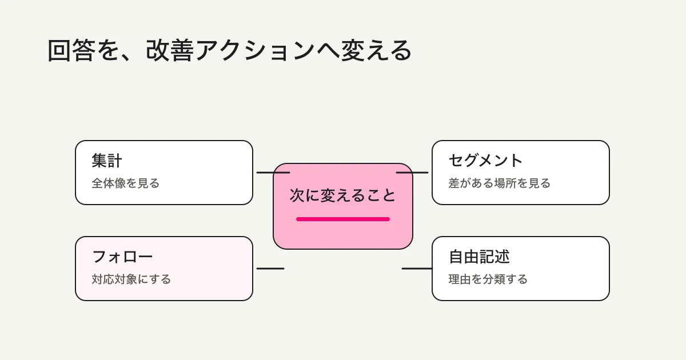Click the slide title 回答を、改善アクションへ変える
229,51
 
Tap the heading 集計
107,161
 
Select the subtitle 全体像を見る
125,183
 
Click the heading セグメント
485,161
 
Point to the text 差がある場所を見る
499,183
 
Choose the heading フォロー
122,257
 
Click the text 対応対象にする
131,279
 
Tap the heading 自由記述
479,257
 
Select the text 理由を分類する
488,279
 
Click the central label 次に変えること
342,195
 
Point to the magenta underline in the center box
342,219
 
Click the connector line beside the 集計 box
273,172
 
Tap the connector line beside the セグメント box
412,172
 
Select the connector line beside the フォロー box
270,268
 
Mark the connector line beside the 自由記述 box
417,268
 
